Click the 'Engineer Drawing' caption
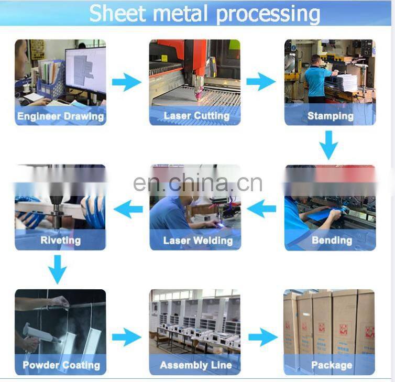(x=60, y=116)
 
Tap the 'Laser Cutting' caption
(x=196, y=116)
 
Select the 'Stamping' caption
(x=330, y=116)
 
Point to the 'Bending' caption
(x=332, y=241)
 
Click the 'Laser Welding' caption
(x=197, y=241)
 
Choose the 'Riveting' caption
(x=61, y=241)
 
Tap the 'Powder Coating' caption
(x=60, y=365)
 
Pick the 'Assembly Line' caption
(x=195, y=365)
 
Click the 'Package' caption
(x=331, y=365)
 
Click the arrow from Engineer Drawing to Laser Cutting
(x=127, y=82)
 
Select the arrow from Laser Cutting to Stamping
(x=261, y=82)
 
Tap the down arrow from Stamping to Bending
(x=329, y=145)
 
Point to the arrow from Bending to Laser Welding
(x=261, y=210)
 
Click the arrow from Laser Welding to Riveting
(x=128, y=210)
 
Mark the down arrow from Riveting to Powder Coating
(x=57, y=269)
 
